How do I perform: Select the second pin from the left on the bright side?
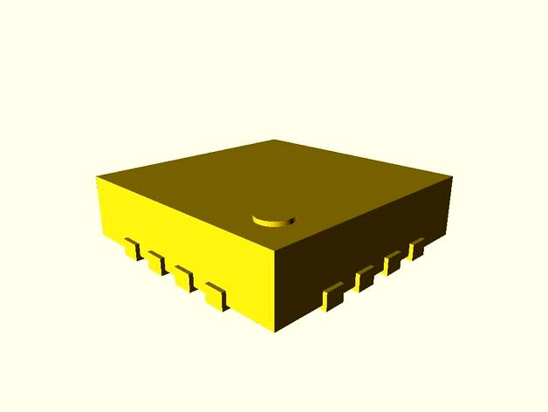(155, 262)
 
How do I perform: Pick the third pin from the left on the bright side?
(182, 278)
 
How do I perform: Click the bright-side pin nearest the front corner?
(214, 296)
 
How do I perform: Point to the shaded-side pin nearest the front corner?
(332, 297)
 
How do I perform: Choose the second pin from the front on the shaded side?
(365, 278)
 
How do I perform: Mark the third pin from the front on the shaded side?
(393, 262)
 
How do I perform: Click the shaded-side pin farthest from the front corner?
(416, 248)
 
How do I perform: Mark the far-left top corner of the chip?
(97, 177)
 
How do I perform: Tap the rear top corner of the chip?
(272, 140)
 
